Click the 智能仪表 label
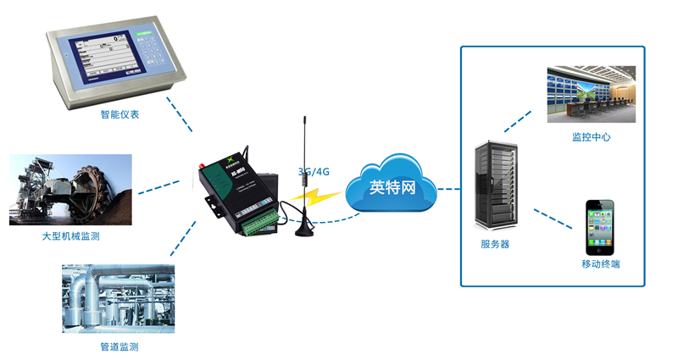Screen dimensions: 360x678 (x=119, y=114)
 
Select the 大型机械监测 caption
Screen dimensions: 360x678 (x=70, y=236)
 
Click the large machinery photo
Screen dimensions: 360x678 (x=70, y=190)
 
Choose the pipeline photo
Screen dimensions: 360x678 (x=118, y=298)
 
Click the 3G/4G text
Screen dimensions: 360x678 (x=314, y=171)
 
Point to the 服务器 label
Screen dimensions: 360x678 (x=494, y=244)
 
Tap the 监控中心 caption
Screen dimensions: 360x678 (x=591, y=136)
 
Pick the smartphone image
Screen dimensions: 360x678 (x=599, y=226)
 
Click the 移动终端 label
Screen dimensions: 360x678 (x=600, y=264)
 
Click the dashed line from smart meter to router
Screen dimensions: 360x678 (x=179, y=114)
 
